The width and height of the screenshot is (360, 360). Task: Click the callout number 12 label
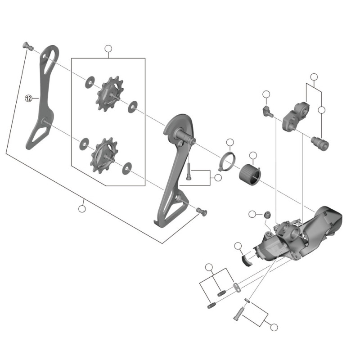point(28,99)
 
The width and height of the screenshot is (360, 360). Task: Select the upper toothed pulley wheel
point(110,94)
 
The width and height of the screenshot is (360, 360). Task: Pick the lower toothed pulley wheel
point(104,155)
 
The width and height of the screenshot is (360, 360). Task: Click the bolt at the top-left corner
point(28,46)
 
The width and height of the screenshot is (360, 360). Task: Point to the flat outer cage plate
point(42,97)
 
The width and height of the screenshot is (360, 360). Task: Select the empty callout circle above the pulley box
point(108,49)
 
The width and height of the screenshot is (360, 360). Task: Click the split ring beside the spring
point(227,162)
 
